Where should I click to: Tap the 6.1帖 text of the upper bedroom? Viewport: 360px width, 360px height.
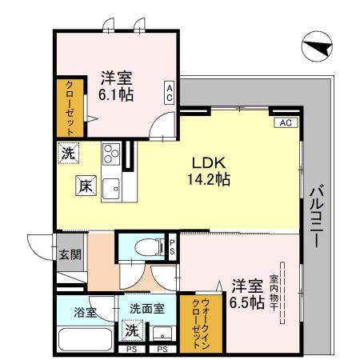pyautogui.click(x=116, y=94)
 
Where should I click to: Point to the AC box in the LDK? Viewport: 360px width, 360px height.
pyautogui.click(x=285, y=122)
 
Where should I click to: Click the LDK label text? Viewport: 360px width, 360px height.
pyautogui.click(x=206, y=162)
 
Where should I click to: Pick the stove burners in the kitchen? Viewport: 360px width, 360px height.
pyautogui.click(x=110, y=152)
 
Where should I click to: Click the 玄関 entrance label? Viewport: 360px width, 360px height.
pyautogui.click(x=69, y=255)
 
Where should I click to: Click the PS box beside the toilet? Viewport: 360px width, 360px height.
pyautogui.click(x=171, y=247)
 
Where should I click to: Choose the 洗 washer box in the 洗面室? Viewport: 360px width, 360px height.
pyautogui.click(x=130, y=330)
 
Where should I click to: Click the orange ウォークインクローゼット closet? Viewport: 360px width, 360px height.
pyautogui.click(x=194, y=322)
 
